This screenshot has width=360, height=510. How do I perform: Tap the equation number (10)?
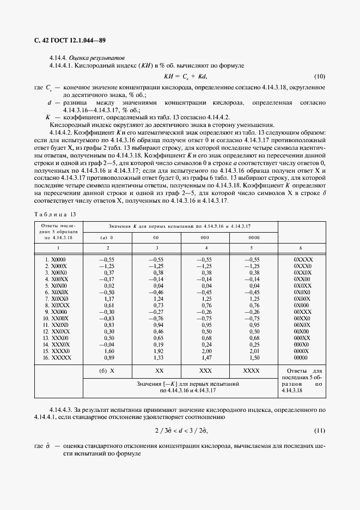pyautogui.click(x=320, y=76)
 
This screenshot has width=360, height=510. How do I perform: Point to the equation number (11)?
pyautogui.click(x=320, y=430)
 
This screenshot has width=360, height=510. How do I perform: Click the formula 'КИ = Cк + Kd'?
pyautogui.click(x=186, y=76)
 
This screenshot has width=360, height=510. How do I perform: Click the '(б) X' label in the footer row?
pyautogui.click(x=106, y=370)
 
